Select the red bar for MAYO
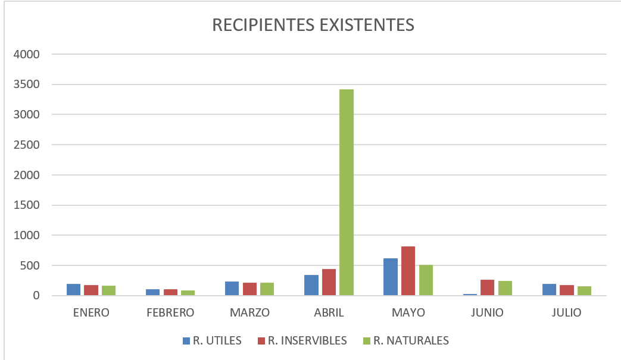pyautogui.click(x=408, y=271)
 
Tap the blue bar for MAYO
pyautogui.click(x=390, y=277)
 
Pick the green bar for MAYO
pyautogui.click(x=426, y=280)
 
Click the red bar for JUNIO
pyautogui.click(x=487, y=287)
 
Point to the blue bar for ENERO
pyautogui.click(x=73, y=290)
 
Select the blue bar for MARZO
pyautogui.click(x=232, y=289)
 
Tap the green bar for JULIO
pyautogui.click(x=584, y=291)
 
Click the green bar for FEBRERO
pyautogui.click(x=188, y=293)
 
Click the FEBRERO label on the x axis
pyautogui.click(x=170, y=312)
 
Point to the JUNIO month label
pyautogui.click(x=487, y=312)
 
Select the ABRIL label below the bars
pyautogui.click(x=329, y=312)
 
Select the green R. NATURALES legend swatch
pyautogui.click(x=366, y=341)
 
